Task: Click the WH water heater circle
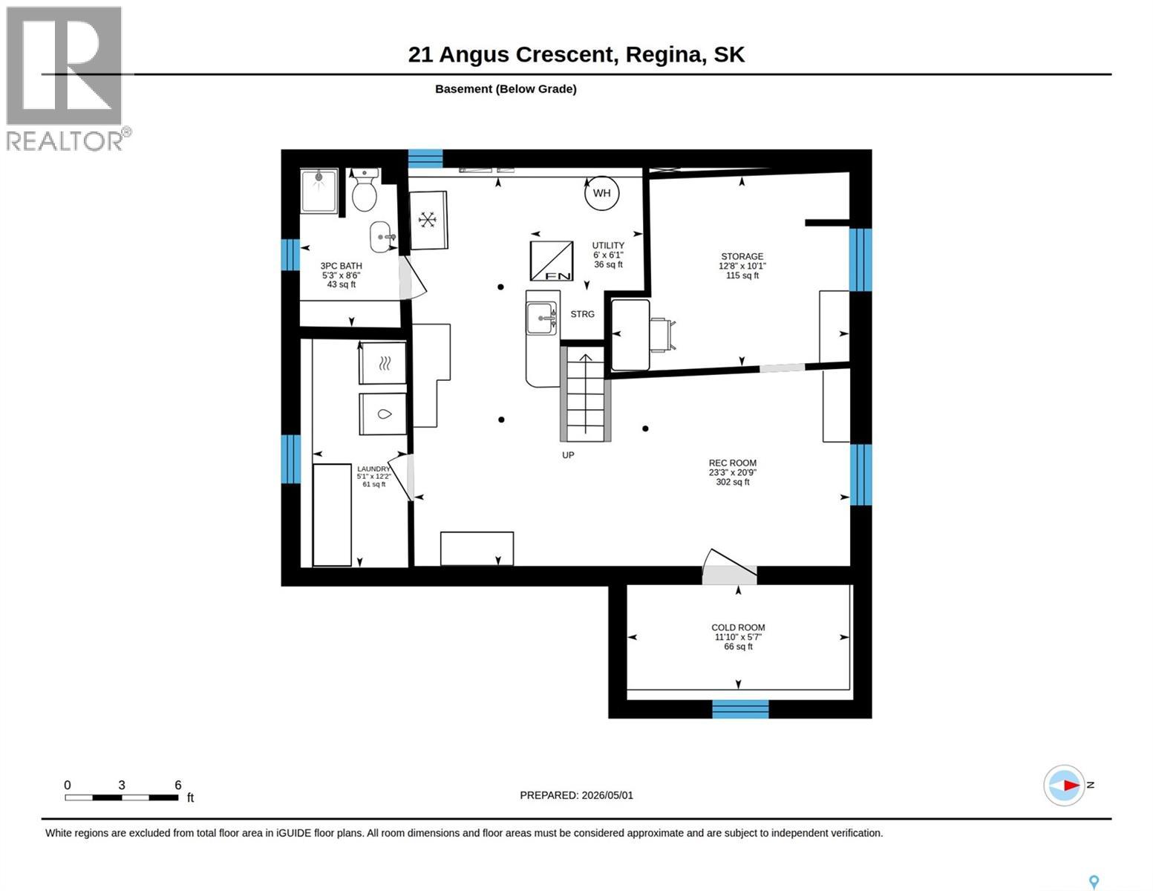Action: pos(601,193)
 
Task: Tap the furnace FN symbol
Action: pos(552,261)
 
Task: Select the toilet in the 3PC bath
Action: pos(364,191)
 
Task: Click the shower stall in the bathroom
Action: pos(319,191)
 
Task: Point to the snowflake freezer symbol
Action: pos(428,220)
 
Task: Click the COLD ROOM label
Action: pos(738,628)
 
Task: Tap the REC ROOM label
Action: pos(732,463)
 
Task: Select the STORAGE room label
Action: pos(742,256)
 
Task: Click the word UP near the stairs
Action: pos(568,455)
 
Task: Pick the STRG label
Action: pos(583,314)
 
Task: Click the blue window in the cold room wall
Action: pos(740,709)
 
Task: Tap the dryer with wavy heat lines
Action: pos(383,364)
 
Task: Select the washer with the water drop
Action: pos(383,414)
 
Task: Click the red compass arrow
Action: pos(1071,785)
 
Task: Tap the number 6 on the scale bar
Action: pos(178,785)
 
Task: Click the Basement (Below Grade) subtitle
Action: pos(506,89)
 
